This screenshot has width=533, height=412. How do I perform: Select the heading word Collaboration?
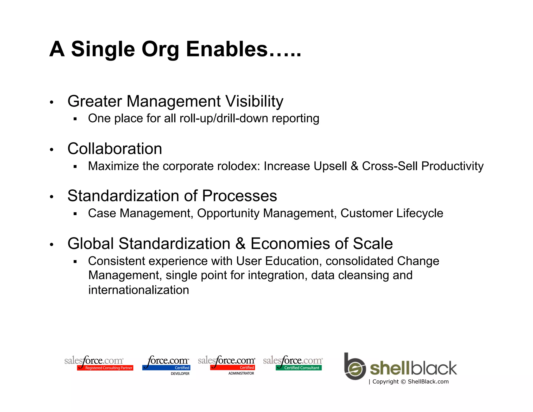[x=115, y=149]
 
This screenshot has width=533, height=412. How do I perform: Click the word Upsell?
[x=330, y=166]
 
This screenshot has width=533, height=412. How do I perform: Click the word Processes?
[x=239, y=196]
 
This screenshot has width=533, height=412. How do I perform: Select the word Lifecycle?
[x=420, y=213]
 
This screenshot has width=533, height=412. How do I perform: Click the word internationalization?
[x=139, y=290]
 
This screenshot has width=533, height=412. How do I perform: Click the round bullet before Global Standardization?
[x=52, y=245]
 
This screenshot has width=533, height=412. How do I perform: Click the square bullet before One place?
[x=75, y=119]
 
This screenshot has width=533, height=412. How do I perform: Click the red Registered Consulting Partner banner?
[x=105, y=368]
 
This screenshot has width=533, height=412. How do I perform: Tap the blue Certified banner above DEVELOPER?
[x=167, y=368]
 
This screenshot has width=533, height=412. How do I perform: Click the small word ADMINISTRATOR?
[x=241, y=373]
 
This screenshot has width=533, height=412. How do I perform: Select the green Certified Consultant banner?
[x=299, y=368]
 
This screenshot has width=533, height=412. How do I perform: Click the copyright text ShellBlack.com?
[x=428, y=382]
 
